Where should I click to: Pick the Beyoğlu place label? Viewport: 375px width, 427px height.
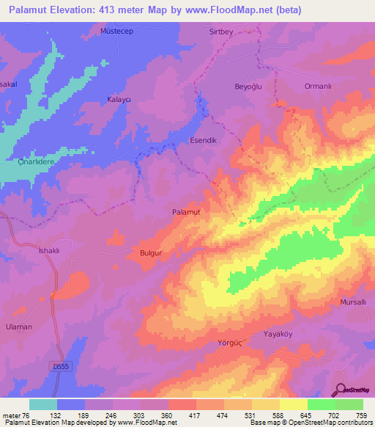[248, 86]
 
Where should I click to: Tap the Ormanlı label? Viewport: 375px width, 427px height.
[319, 86]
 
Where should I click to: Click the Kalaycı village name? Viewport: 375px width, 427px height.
[119, 99]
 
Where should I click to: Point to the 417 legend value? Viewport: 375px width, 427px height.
[195, 415]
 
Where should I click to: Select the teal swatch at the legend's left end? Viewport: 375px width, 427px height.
[43, 404]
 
